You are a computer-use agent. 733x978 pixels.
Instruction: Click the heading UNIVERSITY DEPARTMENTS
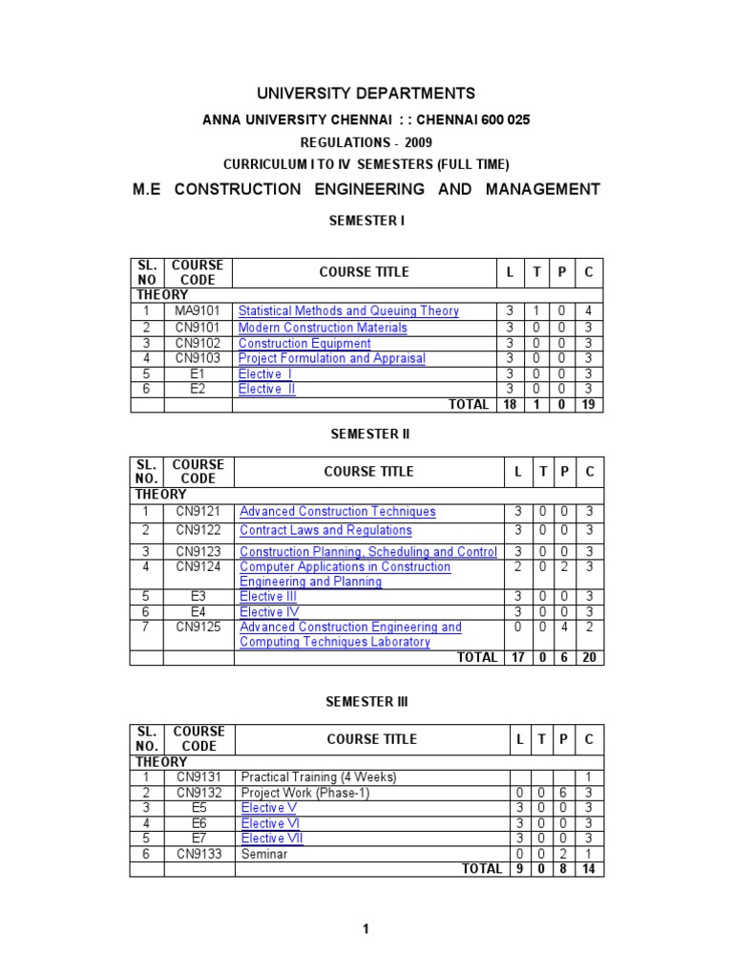(x=366, y=94)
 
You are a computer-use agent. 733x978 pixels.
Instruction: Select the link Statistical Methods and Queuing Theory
(x=348, y=311)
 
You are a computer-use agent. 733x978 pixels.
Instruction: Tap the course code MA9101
(x=198, y=311)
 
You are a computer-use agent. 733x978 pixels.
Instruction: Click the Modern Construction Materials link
(x=323, y=328)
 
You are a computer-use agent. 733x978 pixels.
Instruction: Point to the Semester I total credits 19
(x=589, y=405)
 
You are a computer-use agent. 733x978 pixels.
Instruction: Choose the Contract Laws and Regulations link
(x=325, y=530)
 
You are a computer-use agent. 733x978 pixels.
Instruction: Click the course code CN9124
(x=198, y=567)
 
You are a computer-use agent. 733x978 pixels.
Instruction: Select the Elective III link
(x=268, y=597)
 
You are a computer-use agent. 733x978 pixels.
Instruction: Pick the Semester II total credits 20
(x=590, y=658)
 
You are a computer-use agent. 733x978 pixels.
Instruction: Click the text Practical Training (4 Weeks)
(x=318, y=777)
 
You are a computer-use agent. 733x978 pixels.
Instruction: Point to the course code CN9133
(x=199, y=854)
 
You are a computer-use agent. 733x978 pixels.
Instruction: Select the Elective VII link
(x=272, y=839)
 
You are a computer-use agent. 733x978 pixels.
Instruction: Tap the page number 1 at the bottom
(x=366, y=930)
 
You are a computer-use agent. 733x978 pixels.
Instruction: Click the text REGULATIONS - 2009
(x=366, y=142)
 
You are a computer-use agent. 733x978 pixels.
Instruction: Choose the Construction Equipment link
(x=304, y=343)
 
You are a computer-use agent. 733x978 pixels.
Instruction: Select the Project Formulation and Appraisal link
(x=332, y=358)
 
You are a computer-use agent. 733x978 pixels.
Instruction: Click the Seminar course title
(x=264, y=854)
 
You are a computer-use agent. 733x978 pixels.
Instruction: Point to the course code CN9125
(x=198, y=627)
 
